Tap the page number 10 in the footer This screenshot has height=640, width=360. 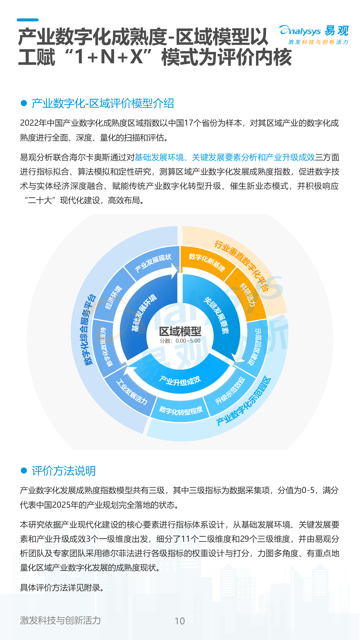(180, 621)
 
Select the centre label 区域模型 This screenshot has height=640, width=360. (180, 331)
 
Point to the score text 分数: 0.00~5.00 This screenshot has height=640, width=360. (180, 341)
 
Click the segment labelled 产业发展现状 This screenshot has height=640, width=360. (153, 263)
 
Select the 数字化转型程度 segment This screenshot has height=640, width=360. (181, 410)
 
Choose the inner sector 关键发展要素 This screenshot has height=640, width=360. (217, 315)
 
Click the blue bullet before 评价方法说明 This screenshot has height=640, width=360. (24, 470)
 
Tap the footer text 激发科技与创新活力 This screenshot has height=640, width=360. (60, 620)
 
